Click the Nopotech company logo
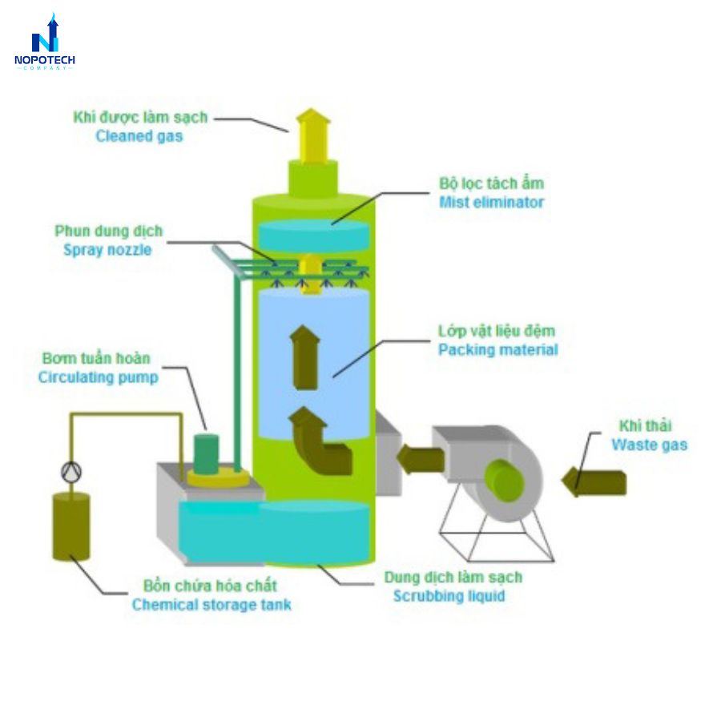tap(44, 43)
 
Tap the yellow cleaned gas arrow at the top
tap(313, 136)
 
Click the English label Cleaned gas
tap(139, 136)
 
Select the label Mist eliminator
tap(491, 202)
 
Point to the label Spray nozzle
tap(107, 250)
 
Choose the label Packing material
tap(497, 349)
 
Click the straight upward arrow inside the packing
tap(304, 357)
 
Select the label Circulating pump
tap(98, 377)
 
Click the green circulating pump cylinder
tap(207, 454)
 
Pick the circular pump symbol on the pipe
tap(71, 471)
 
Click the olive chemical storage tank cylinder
tap(70, 526)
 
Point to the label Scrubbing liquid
tap(449, 596)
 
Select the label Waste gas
tap(649, 445)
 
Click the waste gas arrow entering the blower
tap(594, 481)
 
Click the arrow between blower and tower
tap(420, 460)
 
